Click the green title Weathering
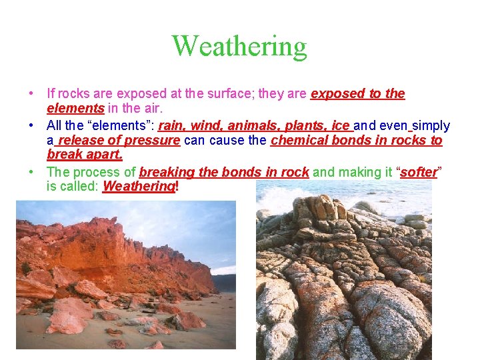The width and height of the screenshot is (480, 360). (239, 47)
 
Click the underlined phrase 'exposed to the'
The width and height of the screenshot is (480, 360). (358, 94)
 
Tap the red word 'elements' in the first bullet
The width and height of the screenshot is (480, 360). (75, 107)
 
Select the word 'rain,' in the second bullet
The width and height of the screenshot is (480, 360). (173, 125)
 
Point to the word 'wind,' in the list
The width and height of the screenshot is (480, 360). (207, 125)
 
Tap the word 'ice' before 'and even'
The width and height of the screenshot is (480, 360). (340, 125)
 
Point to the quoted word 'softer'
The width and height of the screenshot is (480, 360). (419, 172)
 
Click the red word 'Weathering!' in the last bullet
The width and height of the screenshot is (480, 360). (140, 186)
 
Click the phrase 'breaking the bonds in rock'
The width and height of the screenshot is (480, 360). (224, 172)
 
